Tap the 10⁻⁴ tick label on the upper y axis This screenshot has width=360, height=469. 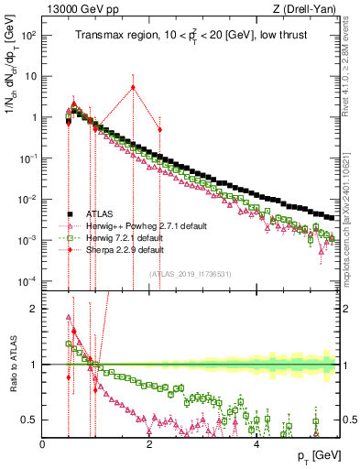tap(27, 280)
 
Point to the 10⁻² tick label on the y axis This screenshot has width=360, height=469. tap(27, 199)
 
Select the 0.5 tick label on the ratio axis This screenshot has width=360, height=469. tap(30, 420)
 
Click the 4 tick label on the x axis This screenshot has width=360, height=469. tap(256, 444)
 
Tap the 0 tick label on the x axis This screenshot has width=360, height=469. tap(43, 444)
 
